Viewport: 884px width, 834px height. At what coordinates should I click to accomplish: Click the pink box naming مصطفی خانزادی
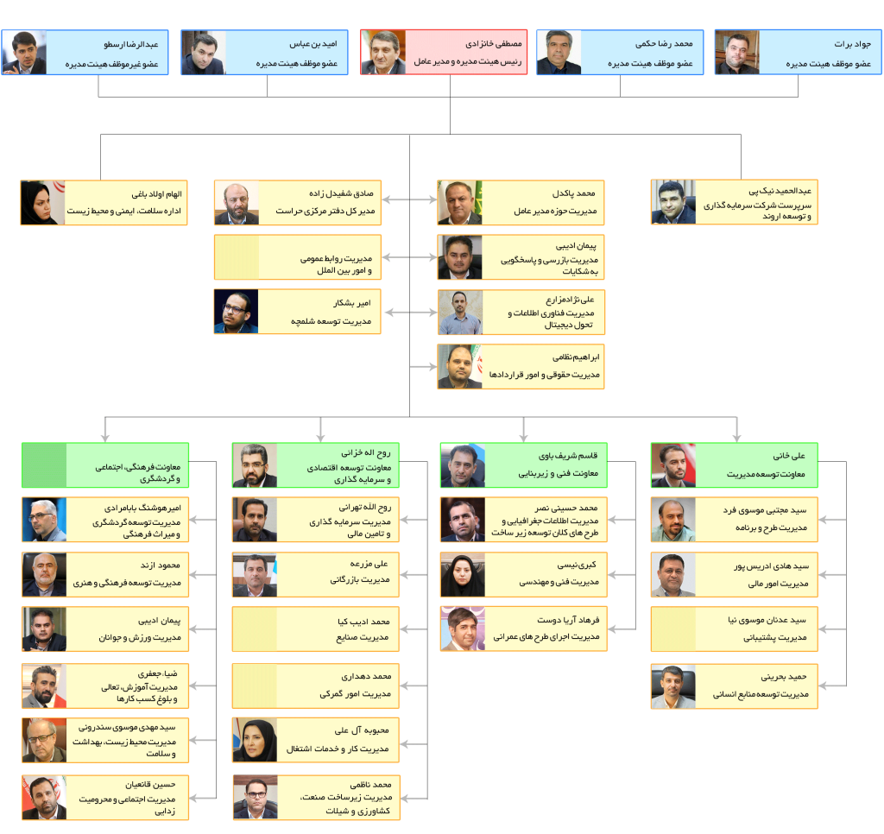click(x=444, y=53)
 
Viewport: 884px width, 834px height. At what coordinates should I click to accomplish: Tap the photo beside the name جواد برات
click(x=737, y=53)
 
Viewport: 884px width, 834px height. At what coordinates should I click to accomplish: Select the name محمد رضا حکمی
click(x=664, y=43)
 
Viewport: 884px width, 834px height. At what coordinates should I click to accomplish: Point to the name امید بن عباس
click(x=313, y=44)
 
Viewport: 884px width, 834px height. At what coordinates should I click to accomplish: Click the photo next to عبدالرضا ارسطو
click(x=24, y=53)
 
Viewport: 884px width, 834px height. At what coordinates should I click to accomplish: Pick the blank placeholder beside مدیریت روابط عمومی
click(x=237, y=257)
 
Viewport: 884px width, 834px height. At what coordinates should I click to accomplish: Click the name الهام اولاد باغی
click(x=157, y=194)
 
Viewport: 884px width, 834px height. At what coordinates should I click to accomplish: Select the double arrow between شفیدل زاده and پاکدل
click(x=409, y=199)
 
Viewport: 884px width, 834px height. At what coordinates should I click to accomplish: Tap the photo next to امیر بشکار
click(x=237, y=312)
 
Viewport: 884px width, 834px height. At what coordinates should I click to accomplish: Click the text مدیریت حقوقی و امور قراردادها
click(x=544, y=375)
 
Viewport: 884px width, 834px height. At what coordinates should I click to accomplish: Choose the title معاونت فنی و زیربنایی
click(x=559, y=473)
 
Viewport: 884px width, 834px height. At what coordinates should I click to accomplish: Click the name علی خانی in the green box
click(x=789, y=456)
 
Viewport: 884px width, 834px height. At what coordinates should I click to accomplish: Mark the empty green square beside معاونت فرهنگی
click(x=45, y=465)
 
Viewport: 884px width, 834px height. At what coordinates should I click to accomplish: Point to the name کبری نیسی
click(x=577, y=565)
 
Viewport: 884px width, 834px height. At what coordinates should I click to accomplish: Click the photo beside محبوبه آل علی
click(x=255, y=740)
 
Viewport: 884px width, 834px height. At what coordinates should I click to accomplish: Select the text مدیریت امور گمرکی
click(x=355, y=694)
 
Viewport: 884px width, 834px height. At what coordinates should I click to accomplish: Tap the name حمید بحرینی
click(x=784, y=677)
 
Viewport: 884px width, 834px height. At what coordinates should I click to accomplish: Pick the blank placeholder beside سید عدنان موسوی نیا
click(x=673, y=629)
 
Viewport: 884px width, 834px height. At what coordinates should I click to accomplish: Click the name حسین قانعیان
click(x=150, y=785)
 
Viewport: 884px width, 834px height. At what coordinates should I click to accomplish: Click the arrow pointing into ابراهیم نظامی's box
click(x=423, y=367)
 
